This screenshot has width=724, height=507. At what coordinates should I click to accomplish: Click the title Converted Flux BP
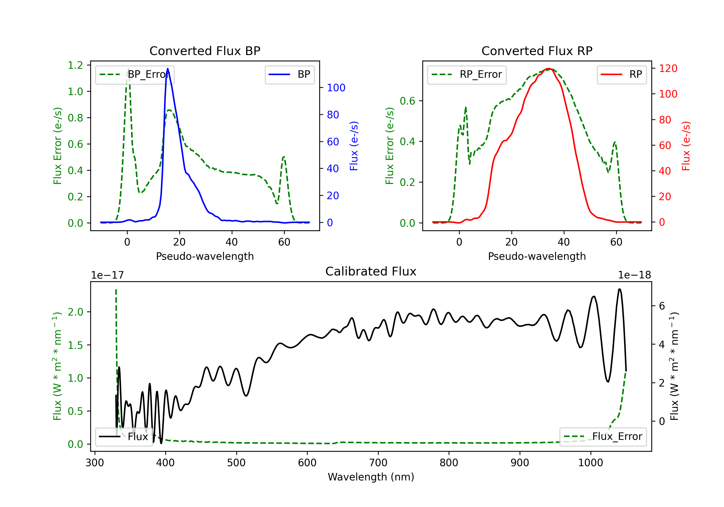[205, 51]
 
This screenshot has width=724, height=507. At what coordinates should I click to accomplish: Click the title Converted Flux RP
[537, 51]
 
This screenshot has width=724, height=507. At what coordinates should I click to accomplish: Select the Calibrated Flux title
[371, 271]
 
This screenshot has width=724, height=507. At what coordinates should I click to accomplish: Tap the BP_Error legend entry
[135, 74]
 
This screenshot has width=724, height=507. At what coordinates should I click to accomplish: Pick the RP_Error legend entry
[467, 74]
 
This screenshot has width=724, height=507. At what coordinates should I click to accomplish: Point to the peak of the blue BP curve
[167, 69]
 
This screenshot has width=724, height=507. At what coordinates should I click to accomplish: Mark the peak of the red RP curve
[549, 69]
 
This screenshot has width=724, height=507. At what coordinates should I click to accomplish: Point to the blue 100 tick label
[336, 88]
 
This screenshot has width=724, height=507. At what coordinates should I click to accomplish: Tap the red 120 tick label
[668, 69]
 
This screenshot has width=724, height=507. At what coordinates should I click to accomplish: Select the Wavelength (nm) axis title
[371, 477]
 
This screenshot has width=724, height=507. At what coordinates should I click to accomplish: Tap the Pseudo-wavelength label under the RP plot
[537, 256]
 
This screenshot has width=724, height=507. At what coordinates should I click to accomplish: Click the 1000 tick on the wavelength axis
[591, 463]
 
